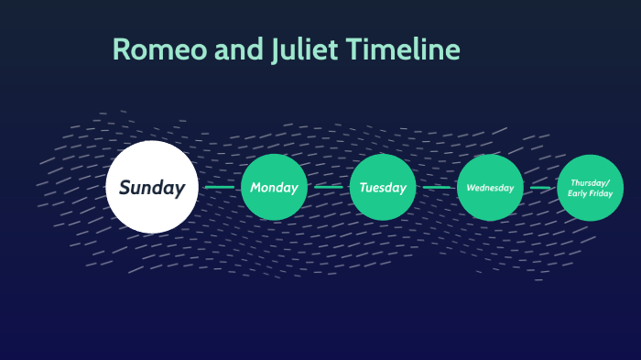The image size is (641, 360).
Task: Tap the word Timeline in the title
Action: [403, 50]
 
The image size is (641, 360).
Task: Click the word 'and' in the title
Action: [237, 50]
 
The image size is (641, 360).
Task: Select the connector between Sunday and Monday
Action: [219, 188]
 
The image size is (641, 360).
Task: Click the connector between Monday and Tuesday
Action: [329, 188]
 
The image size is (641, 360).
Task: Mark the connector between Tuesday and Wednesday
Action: [437, 188]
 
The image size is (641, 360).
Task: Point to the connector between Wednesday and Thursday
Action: [540, 188]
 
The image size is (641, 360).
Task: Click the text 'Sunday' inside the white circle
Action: [151, 188]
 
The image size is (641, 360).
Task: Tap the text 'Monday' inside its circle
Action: [275, 188]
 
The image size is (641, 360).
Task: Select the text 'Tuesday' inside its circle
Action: [383, 188]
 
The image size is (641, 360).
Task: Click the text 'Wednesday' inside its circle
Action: [490, 188]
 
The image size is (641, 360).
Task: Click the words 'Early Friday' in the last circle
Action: [591, 193]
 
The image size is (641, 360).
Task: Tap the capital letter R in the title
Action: [121, 50]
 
